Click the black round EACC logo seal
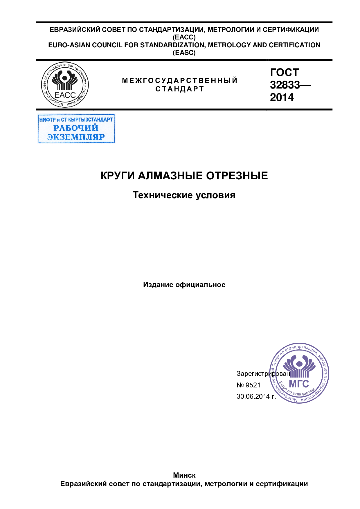click(65, 85)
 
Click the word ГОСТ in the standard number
click(284, 72)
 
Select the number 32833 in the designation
click(285, 85)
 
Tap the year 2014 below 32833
click(282, 97)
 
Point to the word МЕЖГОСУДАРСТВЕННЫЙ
click(180, 80)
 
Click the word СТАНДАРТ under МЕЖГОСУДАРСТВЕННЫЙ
click(180, 89)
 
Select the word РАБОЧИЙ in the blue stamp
click(76, 128)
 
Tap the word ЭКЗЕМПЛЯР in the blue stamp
click(76, 137)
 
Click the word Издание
click(158, 285)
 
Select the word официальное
click(200, 285)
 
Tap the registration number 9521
click(253, 385)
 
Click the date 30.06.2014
click(253, 396)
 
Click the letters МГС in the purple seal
click(299, 384)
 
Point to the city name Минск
click(184, 475)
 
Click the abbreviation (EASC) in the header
click(184, 53)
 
